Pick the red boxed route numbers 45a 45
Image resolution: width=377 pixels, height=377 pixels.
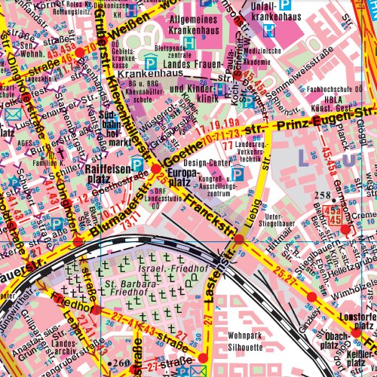[x=336, y=218]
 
